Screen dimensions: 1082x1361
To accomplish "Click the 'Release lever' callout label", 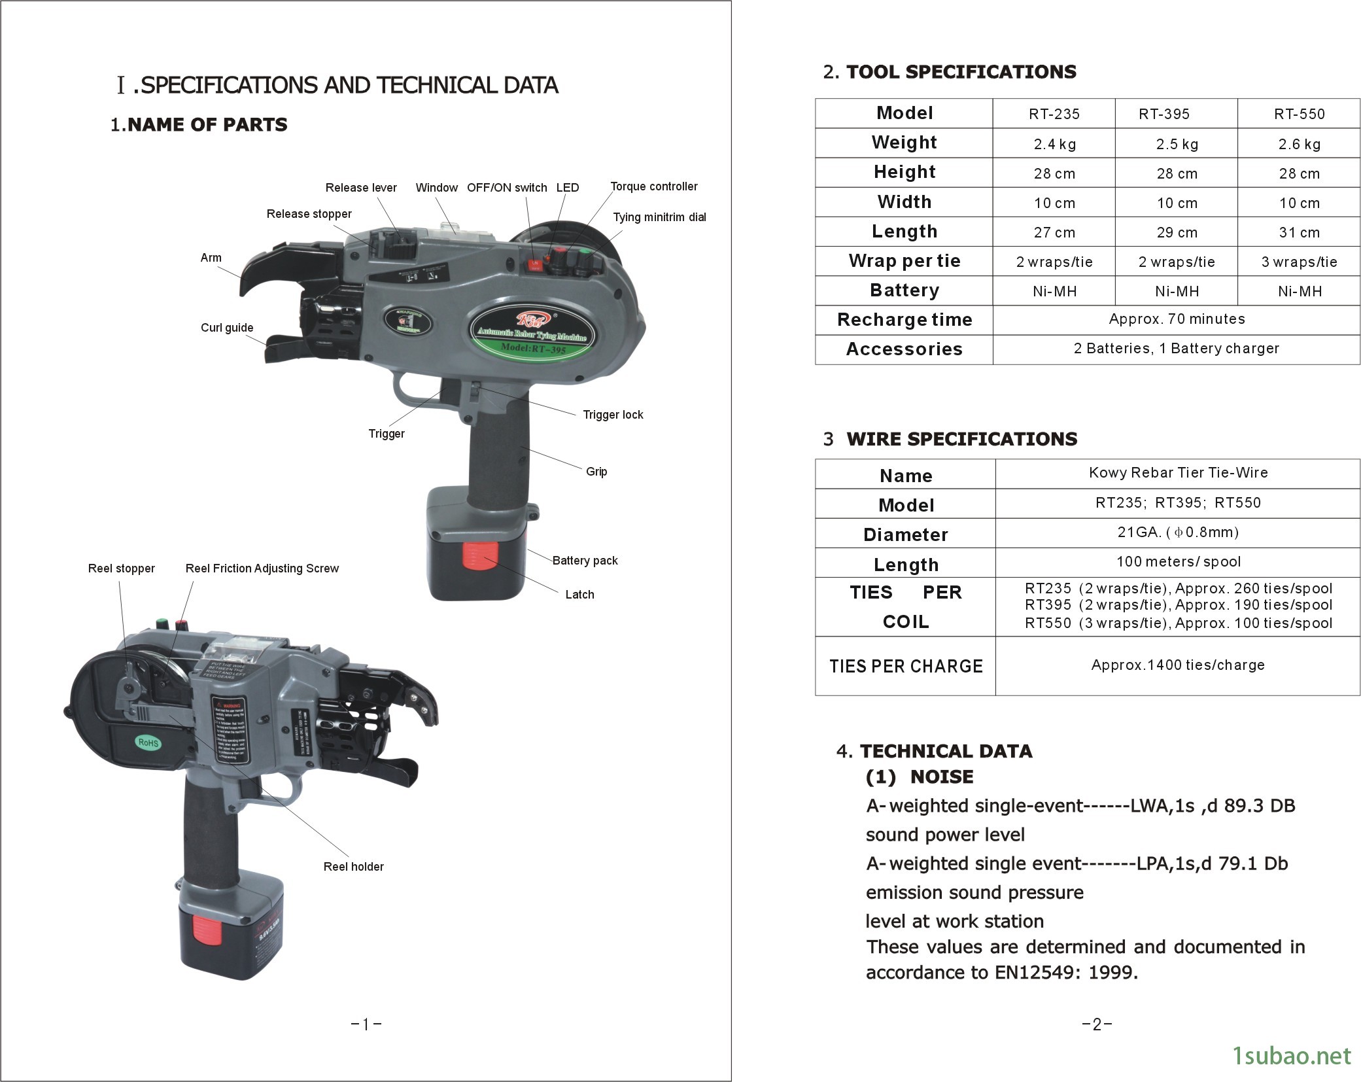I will (361, 188).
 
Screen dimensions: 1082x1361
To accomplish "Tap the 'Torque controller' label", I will (653, 186).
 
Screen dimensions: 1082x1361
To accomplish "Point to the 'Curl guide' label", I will (227, 328).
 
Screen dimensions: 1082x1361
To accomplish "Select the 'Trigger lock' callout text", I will (613, 415).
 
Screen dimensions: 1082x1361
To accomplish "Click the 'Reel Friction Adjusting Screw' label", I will (262, 568).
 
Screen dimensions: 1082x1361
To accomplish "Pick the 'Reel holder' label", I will (353, 867).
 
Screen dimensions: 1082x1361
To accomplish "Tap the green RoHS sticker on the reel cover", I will (148, 742).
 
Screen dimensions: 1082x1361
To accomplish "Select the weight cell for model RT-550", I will (1299, 144).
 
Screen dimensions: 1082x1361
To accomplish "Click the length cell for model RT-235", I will (1054, 232).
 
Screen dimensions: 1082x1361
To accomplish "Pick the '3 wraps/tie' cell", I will (1299, 262).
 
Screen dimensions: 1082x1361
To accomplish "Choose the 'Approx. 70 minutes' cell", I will (1177, 319).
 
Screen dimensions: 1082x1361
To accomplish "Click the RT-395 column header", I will (1163, 114).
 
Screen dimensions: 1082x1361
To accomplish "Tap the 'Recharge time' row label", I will (904, 320).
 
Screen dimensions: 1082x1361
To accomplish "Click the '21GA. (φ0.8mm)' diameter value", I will (1177, 532).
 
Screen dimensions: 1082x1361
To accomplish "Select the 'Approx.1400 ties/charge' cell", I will (1177, 665).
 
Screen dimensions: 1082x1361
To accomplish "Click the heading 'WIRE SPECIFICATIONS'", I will (961, 439).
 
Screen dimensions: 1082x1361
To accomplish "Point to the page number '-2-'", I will (1097, 1024).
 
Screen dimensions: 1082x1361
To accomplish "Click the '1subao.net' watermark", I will (1291, 1056).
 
